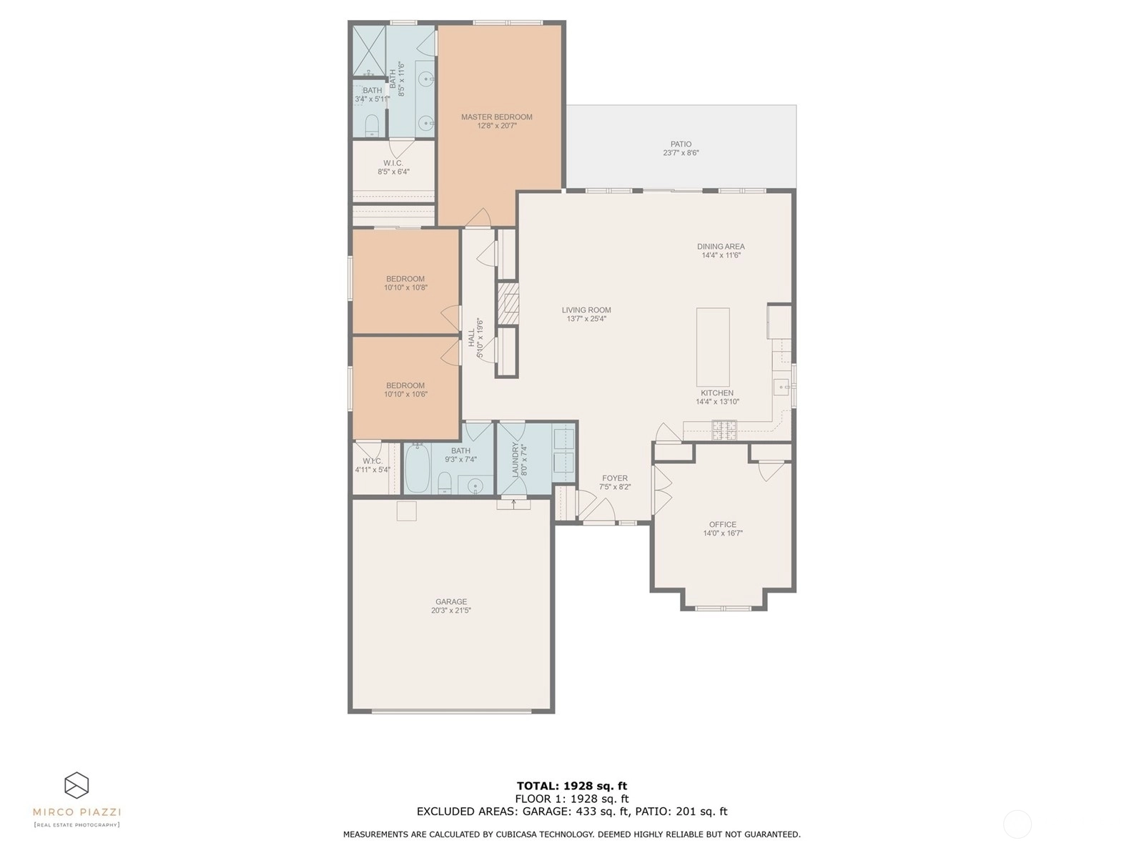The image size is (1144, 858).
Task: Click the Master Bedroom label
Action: pyautogui.click(x=496, y=117)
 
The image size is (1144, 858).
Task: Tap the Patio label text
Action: pyautogui.click(x=681, y=144)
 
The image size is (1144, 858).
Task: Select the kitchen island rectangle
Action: pyautogui.click(x=712, y=347)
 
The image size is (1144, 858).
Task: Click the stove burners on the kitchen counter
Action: pyautogui.click(x=724, y=430)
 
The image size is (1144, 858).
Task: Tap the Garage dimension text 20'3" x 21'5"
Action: pyautogui.click(x=451, y=610)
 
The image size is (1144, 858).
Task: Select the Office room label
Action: pyautogui.click(x=722, y=524)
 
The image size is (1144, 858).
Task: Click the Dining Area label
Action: pyautogui.click(x=721, y=247)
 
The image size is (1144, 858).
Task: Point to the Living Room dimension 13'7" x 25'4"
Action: pyautogui.click(x=586, y=318)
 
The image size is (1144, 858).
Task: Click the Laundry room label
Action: pyautogui.click(x=516, y=460)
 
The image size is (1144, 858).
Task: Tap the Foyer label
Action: pyautogui.click(x=614, y=478)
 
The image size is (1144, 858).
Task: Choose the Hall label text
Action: pyautogui.click(x=471, y=337)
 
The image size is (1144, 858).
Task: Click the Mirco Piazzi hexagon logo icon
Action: pyautogui.click(x=77, y=784)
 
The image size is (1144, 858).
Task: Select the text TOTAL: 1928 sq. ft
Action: pyautogui.click(x=572, y=786)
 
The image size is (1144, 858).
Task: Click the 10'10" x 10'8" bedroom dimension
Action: pyautogui.click(x=405, y=287)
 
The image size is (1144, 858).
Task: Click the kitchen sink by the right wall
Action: pyautogui.click(x=781, y=387)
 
